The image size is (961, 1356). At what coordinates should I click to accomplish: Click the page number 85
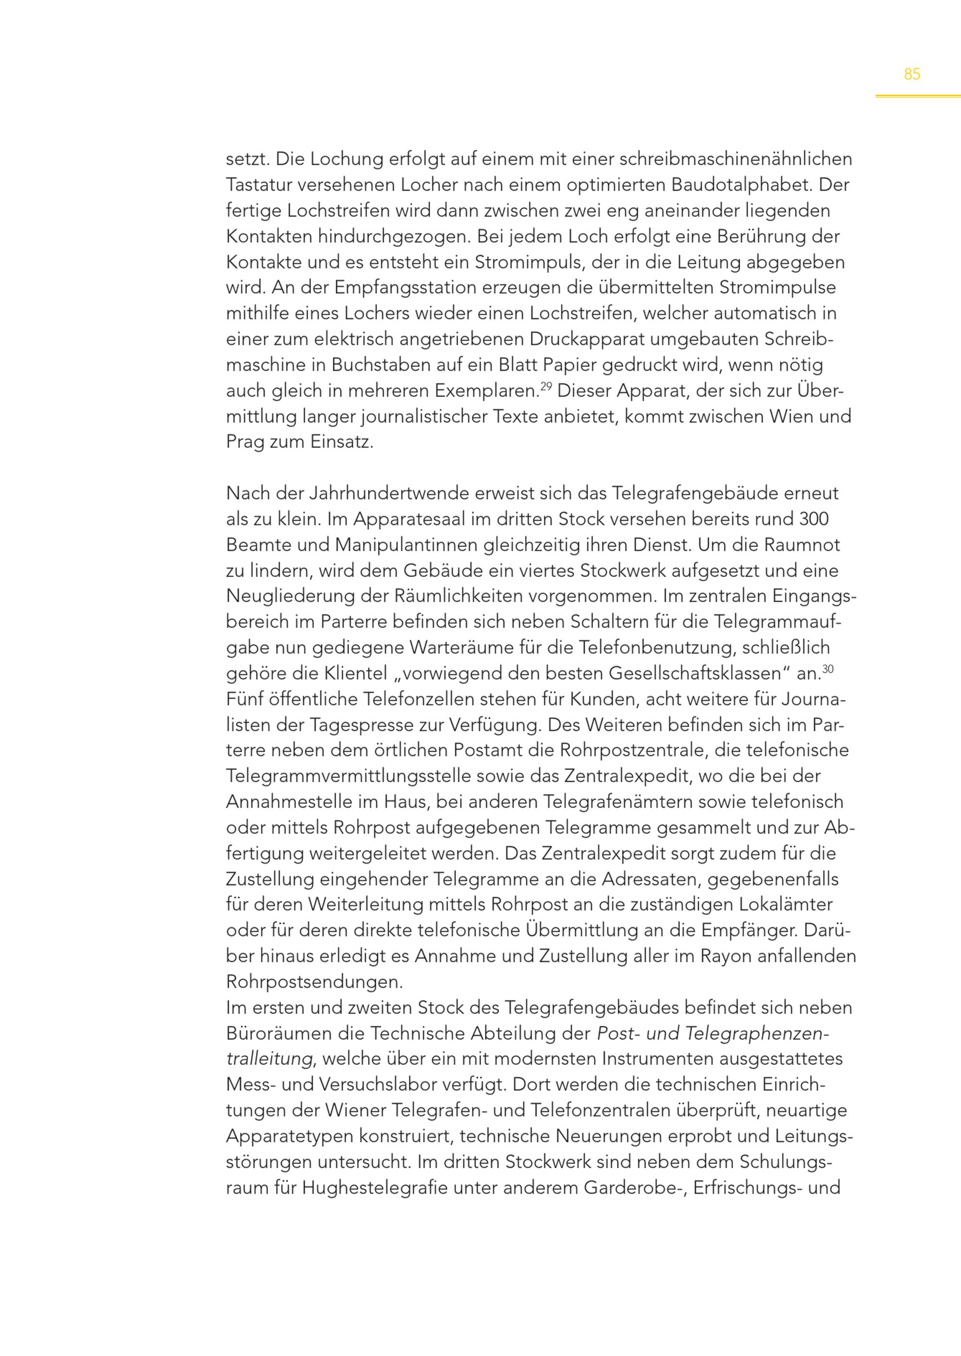(x=912, y=74)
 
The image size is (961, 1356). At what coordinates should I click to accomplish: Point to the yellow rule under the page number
(x=918, y=96)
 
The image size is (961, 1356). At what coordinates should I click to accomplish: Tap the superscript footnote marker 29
(x=546, y=386)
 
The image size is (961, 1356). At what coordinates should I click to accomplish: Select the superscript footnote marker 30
(x=828, y=669)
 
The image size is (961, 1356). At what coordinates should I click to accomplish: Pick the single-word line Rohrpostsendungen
(x=314, y=983)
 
